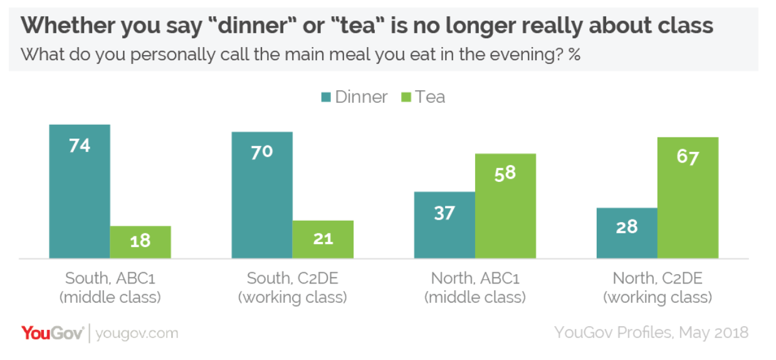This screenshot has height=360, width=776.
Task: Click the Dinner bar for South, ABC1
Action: (x=80, y=191)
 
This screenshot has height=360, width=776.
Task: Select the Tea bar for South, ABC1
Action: (x=140, y=242)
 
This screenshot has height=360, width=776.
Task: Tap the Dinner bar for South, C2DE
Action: (x=262, y=195)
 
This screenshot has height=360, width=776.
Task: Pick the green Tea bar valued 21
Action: (x=323, y=240)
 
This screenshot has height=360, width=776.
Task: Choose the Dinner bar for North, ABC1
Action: (x=444, y=225)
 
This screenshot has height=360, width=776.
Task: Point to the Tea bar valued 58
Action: (x=505, y=206)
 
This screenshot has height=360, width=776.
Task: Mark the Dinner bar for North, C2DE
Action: (x=627, y=233)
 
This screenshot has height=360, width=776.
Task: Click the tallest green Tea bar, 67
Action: (x=688, y=198)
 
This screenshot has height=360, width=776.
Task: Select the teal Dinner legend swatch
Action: (x=326, y=98)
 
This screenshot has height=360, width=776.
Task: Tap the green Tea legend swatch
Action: (x=406, y=98)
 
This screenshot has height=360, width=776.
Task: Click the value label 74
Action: (x=80, y=146)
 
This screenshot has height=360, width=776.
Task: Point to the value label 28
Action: (x=627, y=226)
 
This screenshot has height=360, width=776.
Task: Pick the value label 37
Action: (x=444, y=213)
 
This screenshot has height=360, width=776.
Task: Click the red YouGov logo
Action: (x=53, y=332)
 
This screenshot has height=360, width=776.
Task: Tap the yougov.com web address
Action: (x=137, y=333)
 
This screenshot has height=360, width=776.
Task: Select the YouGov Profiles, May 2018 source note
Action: (x=651, y=332)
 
